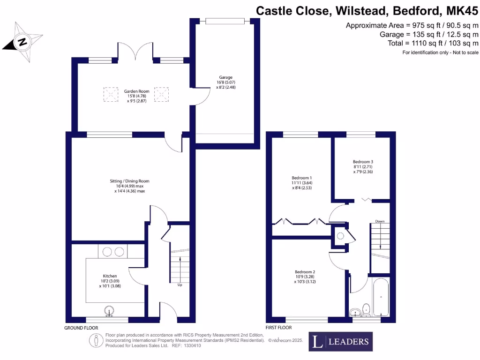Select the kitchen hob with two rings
point(112,252)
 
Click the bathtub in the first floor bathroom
point(380,297)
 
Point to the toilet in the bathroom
point(366,309)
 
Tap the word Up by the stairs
point(180,284)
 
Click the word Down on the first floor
point(380,221)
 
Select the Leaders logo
point(341,341)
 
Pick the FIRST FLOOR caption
point(278,328)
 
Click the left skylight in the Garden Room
point(111,94)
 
